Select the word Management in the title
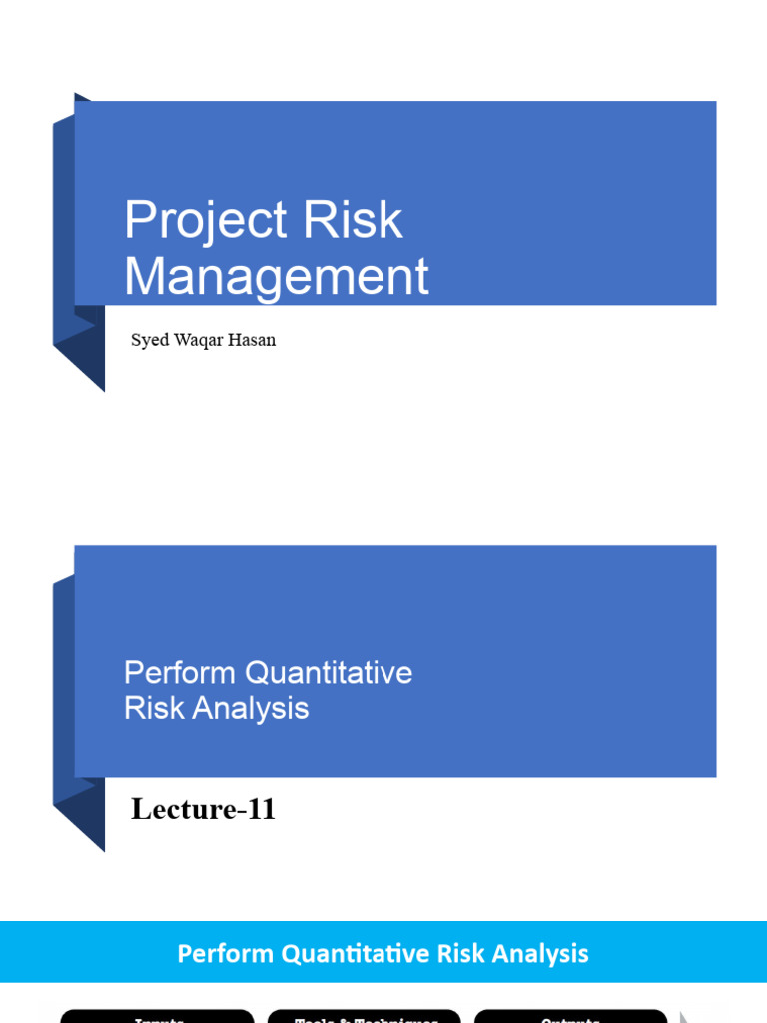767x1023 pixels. point(277,277)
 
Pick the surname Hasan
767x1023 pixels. point(255,340)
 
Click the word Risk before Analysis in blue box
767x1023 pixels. point(151,708)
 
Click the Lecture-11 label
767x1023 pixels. point(203,809)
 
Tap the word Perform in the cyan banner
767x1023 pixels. point(226,954)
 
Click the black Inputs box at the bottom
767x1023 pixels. point(158,1016)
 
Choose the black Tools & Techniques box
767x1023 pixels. point(365,1016)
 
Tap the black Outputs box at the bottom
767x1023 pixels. point(570,1016)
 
